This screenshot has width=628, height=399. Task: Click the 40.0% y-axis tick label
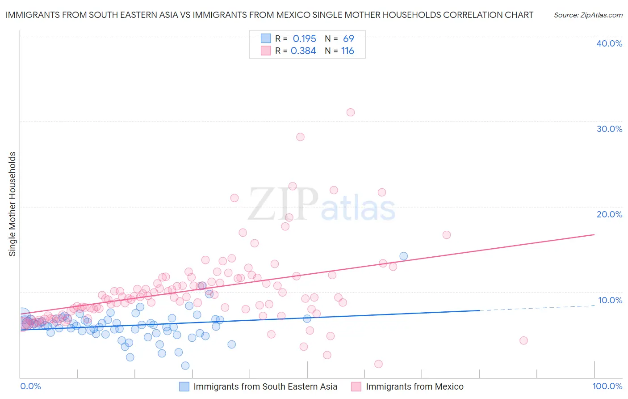tap(609, 43)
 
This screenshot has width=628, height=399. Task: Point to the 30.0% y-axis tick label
tap(609, 129)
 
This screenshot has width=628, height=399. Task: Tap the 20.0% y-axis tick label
tap(609, 214)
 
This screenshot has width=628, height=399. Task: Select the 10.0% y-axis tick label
tap(610, 300)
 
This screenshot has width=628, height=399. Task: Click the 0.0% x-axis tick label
tap(31, 386)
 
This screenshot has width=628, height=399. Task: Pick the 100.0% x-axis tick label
tap(607, 386)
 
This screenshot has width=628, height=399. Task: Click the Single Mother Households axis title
tap(13, 204)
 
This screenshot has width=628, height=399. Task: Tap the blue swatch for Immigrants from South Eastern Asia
tap(184, 386)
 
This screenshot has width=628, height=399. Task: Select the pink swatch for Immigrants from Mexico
tap(356, 386)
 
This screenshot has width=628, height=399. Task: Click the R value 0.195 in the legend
tap(304, 39)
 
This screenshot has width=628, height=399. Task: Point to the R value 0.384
tap(303, 51)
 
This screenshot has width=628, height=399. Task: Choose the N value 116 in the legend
tap(347, 51)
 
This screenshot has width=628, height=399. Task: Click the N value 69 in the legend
tap(348, 39)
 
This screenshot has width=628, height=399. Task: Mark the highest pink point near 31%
tap(351, 112)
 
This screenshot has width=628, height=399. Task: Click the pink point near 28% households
tap(300, 137)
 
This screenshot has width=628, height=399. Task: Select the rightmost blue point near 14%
tap(403, 256)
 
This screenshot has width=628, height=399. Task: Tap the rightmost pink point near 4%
tap(523, 340)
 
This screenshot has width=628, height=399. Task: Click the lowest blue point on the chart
tap(185, 365)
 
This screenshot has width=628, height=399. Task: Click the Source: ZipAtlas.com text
tap(588, 15)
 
